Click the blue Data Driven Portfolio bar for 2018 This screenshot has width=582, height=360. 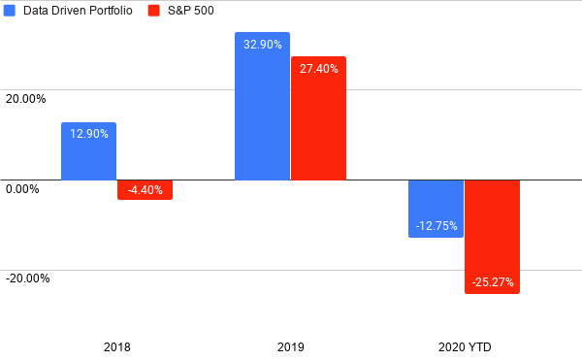[x=88, y=151]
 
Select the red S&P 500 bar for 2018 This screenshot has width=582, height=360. [x=145, y=189]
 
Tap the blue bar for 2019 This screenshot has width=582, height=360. [x=263, y=106]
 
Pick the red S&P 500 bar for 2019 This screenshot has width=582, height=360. [x=319, y=118]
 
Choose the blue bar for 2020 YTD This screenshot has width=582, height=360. [x=436, y=209]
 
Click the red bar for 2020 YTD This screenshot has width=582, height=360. [x=492, y=237]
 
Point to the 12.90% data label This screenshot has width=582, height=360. [x=89, y=134]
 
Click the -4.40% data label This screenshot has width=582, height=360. [x=145, y=190]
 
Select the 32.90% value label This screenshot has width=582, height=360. [x=263, y=45]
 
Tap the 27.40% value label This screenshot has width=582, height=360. [x=319, y=69]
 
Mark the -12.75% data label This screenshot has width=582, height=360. [x=436, y=226]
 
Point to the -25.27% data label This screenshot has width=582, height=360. [x=493, y=282]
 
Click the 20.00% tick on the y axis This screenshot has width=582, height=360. [x=25, y=99]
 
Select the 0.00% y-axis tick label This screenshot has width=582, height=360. [x=22, y=189]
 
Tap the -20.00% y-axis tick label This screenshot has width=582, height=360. [x=27, y=278]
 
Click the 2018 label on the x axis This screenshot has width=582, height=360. [x=117, y=347]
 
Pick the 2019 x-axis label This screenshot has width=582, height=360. [x=291, y=347]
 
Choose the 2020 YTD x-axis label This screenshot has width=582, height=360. [x=465, y=347]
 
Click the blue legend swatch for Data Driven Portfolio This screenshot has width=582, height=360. [x=10, y=11]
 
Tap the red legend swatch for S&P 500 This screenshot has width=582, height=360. [x=153, y=11]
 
